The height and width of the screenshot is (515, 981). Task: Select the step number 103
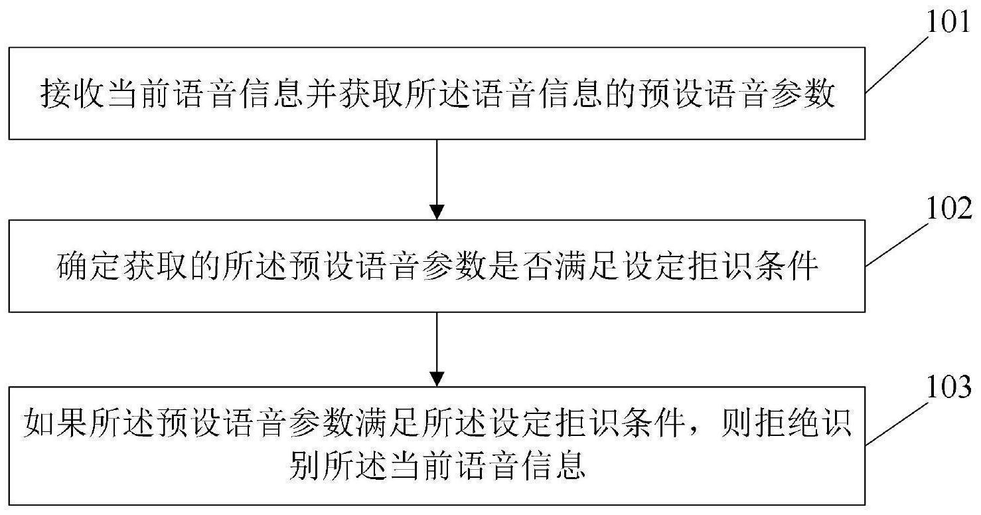point(949,387)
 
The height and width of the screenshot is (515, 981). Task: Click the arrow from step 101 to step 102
point(437,179)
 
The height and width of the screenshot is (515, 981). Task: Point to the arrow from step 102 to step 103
point(437,350)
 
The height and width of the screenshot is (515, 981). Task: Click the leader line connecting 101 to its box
point(897,65)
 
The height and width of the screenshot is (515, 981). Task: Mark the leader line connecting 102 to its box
point(897,244)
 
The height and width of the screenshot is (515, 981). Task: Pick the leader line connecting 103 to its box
point(897,423)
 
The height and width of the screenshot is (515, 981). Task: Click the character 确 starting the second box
point(72,266)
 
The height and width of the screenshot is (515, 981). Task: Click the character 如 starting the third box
point(38,423)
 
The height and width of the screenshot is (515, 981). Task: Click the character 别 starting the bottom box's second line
point(305,465)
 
